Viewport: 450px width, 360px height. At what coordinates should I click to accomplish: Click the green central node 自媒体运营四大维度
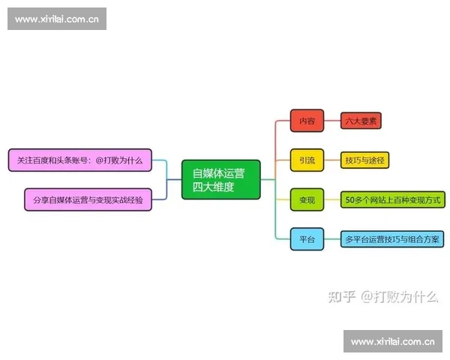(220, 179)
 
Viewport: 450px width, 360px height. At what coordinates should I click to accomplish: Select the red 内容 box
(307, 120)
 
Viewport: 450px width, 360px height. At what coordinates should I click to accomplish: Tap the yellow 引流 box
(307, 160)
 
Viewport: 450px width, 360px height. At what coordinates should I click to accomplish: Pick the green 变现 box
(307, 199)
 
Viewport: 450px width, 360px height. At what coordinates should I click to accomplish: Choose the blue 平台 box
(307, 239)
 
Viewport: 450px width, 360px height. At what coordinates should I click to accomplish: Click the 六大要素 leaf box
(362, 120)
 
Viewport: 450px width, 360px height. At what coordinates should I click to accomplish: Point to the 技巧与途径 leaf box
(364, 160)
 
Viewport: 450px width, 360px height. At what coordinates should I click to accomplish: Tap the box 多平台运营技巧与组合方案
(391, 239)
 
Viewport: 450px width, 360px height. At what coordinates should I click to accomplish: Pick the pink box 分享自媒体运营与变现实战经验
(88, 199)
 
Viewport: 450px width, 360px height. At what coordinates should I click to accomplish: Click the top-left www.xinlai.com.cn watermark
(57, 19)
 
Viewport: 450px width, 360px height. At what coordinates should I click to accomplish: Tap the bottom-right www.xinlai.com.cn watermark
(392, 342)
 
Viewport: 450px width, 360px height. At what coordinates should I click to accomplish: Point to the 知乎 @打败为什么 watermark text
(382, 296)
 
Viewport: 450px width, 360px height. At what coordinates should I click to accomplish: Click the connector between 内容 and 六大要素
(332, 120)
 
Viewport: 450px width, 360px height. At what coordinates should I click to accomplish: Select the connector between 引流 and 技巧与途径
(332, 160)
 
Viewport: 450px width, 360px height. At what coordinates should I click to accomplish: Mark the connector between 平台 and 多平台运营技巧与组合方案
(332, 239)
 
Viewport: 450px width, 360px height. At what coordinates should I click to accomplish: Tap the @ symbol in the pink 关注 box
(100, 160)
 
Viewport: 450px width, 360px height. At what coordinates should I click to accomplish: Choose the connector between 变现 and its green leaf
(332, 199)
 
